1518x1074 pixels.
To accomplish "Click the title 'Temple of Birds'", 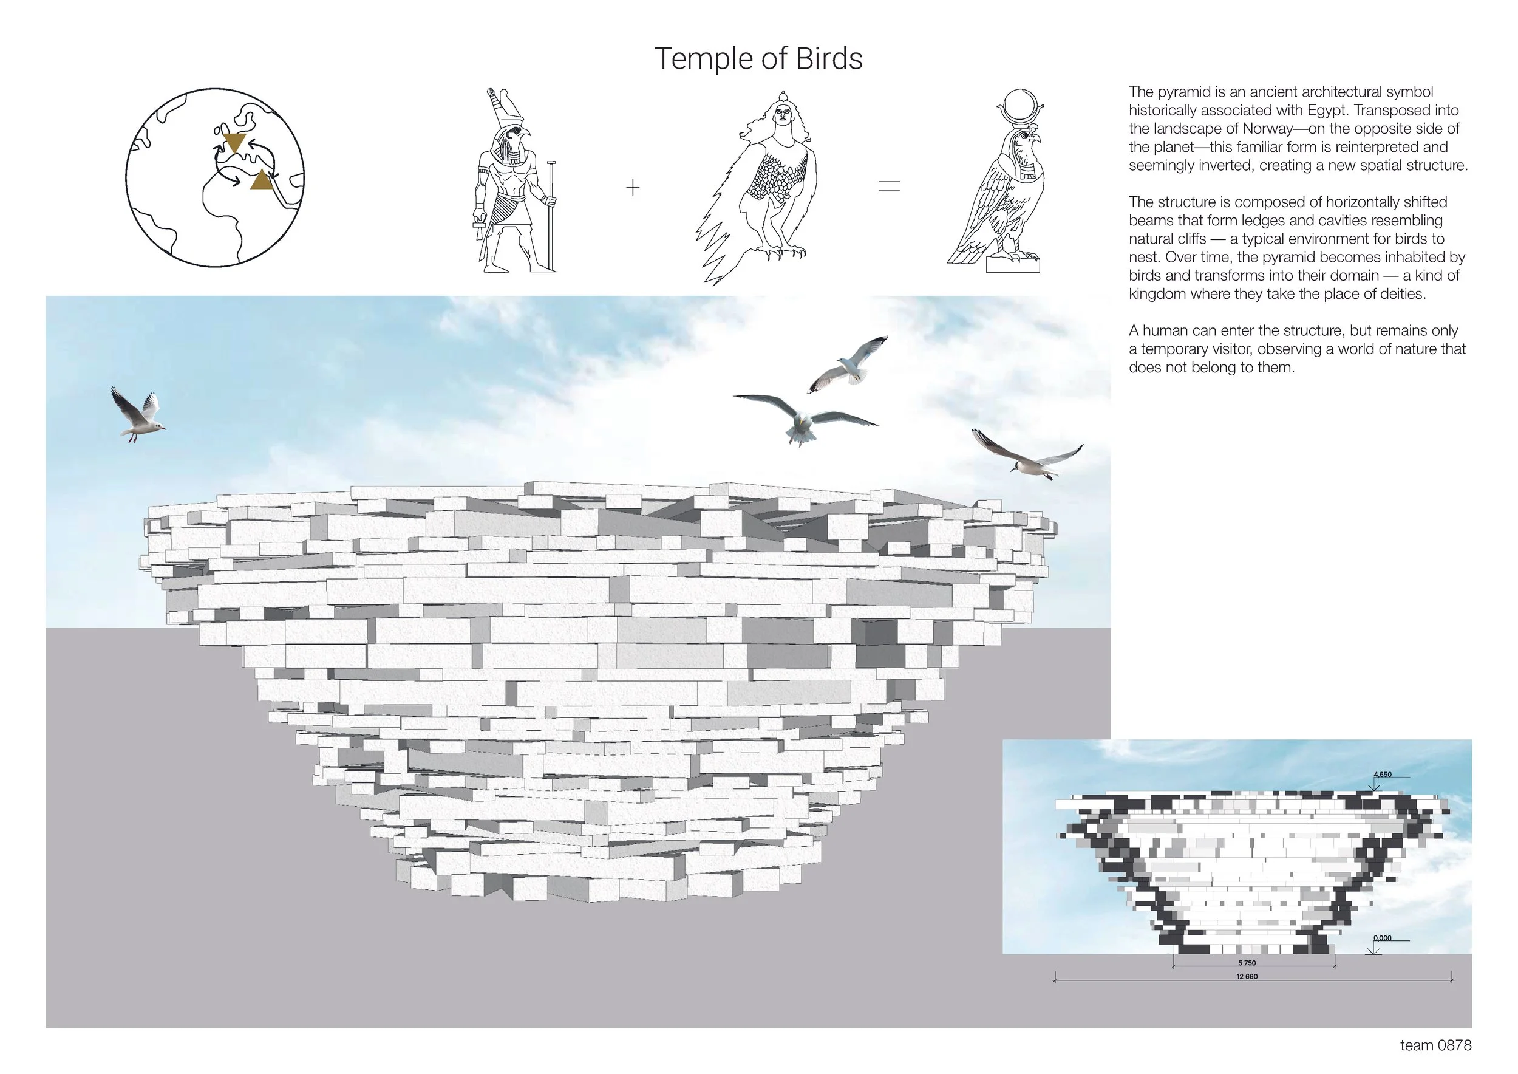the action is pos(758,59).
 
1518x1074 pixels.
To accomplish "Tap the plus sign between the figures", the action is pos(633,188).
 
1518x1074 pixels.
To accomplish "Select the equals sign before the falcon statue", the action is pos(890,186).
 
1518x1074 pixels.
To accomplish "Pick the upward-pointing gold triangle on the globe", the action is pos(262,180).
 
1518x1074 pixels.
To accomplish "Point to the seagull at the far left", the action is pos(137,415).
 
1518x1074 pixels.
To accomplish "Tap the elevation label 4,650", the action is pos(1383,775).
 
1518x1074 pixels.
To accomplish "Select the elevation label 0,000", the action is pos(1383,938).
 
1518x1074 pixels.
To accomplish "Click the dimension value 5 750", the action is pos(1246,963).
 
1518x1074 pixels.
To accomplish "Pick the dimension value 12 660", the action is pos(1246,976).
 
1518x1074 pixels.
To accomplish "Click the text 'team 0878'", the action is pos(1435,1045).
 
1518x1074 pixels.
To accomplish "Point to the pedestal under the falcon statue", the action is pos(1013,265).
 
